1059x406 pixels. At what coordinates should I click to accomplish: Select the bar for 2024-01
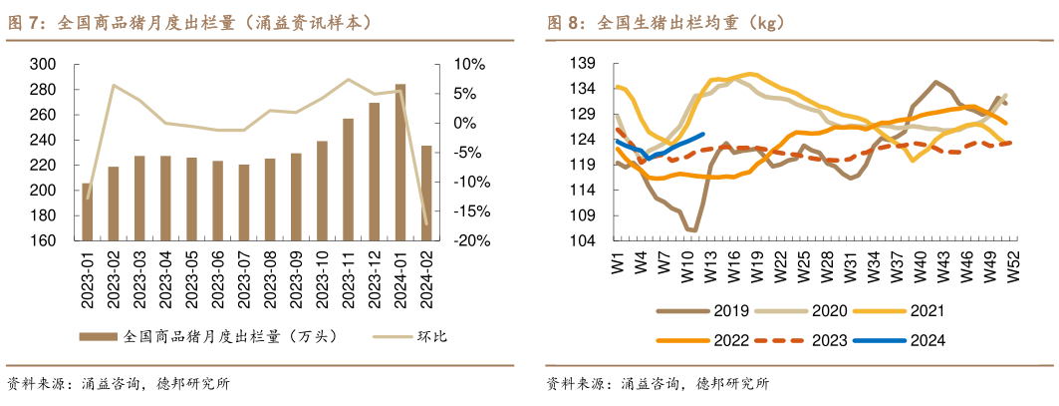(x=400, y=163)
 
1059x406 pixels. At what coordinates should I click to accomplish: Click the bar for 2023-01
(x=88, y=212)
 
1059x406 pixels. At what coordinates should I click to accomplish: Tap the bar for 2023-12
(x=375, y=172)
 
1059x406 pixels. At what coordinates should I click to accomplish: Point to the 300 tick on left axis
(x=44, y=64)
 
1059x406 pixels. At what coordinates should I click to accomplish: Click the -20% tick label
(x=470, y=241)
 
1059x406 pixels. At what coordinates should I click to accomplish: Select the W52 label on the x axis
(x=1013, y=265)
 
